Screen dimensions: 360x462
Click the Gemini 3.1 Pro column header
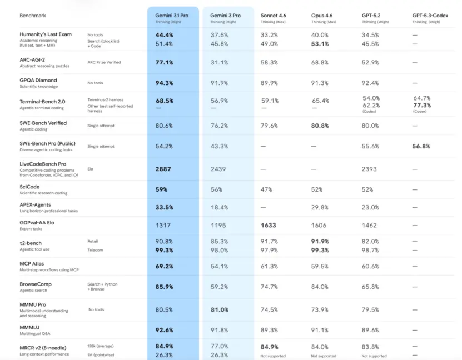(x=172, y=16)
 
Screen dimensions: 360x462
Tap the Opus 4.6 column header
(x=324, y=16)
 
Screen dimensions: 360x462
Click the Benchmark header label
(x=34, y=16)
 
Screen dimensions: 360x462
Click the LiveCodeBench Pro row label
(x=43, y=164)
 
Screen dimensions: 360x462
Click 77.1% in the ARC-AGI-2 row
(x=164, y=63)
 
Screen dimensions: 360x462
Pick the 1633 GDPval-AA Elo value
(x=272, y=226)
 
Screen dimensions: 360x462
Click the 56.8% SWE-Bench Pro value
(x=421, y=146)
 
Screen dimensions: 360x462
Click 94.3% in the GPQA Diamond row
(x=164, y=83)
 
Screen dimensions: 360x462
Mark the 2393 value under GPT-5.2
(x=369, y=169)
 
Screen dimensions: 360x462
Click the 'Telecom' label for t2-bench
(x=96, y=250)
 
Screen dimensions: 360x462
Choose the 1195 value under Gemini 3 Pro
(x=219, y=226)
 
